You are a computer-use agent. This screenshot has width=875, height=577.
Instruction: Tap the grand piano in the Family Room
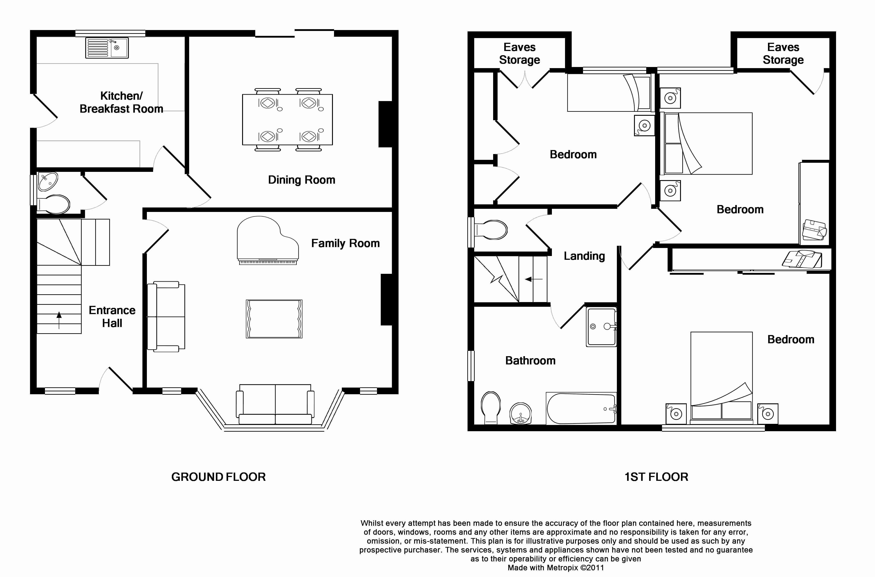tap(267, 240)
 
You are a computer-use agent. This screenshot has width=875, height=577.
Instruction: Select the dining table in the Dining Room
tap(287, 120)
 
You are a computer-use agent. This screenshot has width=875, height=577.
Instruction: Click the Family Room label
tap(345, 243)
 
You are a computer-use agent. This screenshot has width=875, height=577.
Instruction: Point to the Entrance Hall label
tap(112, 317)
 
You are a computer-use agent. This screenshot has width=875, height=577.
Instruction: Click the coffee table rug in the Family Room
tap(274, 319)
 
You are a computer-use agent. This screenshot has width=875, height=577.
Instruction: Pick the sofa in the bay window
tap(275, 405)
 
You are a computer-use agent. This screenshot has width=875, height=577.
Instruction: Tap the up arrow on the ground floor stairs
tap(59, 320)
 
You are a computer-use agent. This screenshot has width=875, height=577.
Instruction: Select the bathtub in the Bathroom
tap(581, 408)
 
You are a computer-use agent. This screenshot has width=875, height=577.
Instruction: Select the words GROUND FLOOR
tap(219, 477)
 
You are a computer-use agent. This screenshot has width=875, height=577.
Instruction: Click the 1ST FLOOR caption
tap(656, 477)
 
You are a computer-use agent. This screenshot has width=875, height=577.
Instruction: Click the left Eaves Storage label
tap(519, 53)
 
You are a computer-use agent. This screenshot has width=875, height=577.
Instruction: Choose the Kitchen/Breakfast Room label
tap(121, 102)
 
